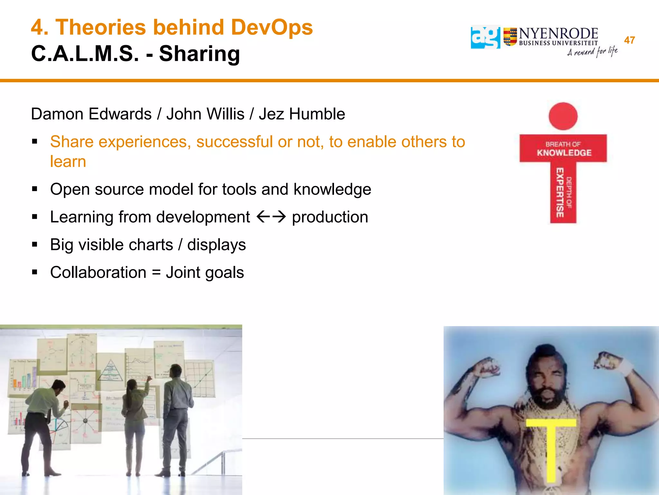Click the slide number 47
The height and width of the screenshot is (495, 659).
(629, 40)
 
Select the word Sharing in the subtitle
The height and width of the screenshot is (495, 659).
(200, 53)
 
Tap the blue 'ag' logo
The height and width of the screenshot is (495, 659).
(485, 37)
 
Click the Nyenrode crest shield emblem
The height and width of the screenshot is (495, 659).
(510, 37)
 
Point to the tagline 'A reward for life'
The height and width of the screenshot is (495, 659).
(592, 52)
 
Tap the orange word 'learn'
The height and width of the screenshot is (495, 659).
(68, 161)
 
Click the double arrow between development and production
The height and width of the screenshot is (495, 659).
(271, 217)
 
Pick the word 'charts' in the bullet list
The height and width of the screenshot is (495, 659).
(151, 245)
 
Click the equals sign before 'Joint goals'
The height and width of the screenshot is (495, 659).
(156, 273)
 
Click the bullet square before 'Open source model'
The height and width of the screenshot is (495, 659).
(35, 189)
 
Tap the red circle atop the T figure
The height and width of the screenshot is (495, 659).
(563, 116)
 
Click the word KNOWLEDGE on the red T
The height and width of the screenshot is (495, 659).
(564, 153)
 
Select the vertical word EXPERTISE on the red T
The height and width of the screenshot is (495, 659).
(560, 192)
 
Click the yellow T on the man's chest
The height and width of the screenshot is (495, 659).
(551, 448)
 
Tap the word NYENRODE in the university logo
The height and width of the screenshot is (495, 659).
(558, 34)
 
